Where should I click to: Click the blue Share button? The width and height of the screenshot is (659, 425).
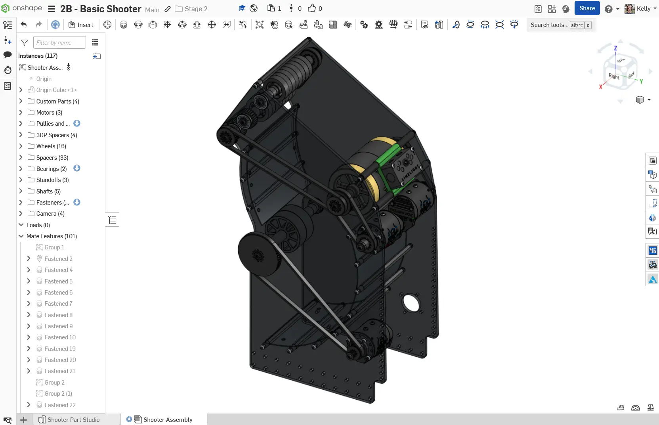tap(586, 8)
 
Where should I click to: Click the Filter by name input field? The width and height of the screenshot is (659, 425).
tap(59, 42)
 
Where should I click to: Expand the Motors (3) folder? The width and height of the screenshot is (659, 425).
tap(21, 113)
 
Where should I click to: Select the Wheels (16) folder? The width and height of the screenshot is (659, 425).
tap(51, 146)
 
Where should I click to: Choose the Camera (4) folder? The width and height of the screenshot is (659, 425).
tap(50, 214)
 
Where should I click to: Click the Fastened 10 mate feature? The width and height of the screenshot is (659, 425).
tap(60, 337)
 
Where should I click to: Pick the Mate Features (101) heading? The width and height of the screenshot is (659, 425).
tap(52, 236)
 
